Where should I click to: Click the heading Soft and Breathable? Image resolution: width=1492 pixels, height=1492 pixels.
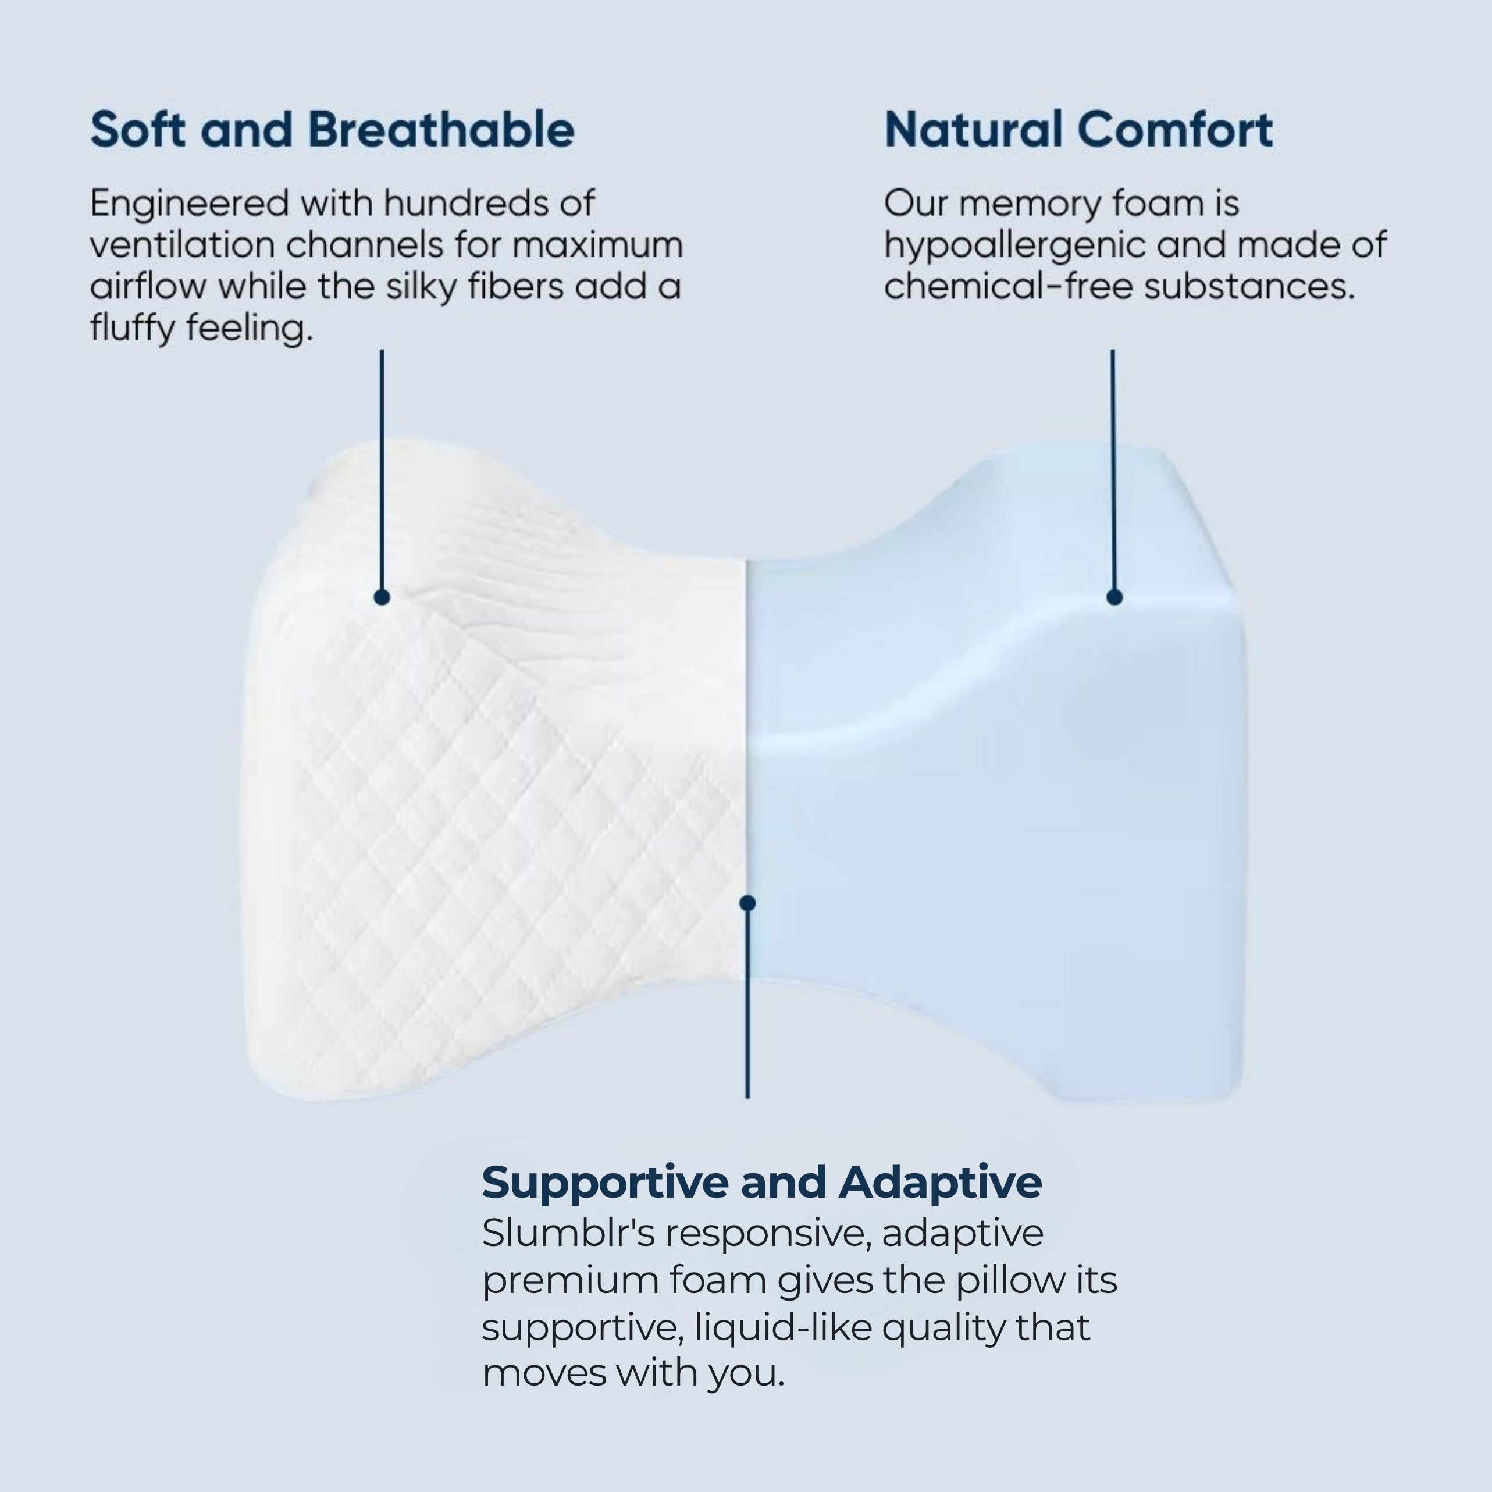332,129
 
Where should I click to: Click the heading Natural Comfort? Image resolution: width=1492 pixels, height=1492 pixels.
1078,129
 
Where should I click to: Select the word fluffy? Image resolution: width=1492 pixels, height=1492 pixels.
133,328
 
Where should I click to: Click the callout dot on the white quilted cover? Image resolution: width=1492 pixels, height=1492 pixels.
382,597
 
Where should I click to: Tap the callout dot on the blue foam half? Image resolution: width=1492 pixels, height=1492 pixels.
1113,597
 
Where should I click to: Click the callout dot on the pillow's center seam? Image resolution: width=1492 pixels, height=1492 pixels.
747,903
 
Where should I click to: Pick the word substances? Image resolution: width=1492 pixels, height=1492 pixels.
1249,287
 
